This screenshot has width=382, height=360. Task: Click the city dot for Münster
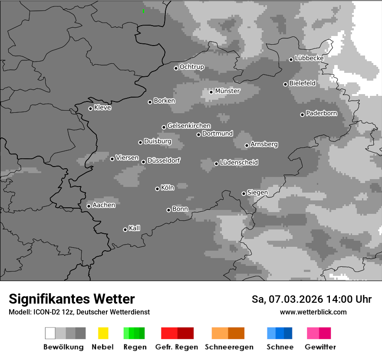211,92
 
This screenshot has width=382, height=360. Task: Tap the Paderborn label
322,114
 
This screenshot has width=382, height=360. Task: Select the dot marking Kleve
90,108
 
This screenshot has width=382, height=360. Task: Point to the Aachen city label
104,205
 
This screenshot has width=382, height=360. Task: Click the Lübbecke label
310,58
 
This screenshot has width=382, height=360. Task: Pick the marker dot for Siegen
244,193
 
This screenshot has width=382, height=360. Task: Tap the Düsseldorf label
164,160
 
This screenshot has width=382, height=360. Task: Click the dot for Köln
157,189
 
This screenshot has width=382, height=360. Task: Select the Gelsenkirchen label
189,126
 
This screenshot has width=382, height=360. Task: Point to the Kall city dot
125,229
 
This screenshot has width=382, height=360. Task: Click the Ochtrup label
192,67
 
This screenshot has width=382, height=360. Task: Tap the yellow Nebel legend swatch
103,333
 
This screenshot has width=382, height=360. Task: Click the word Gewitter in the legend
320,347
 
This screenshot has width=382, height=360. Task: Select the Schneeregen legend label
229,347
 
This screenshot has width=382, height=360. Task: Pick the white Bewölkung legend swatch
50,333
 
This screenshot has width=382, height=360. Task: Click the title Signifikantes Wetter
72,299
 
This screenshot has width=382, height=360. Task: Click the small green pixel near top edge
143,11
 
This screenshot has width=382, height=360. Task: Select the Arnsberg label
264,144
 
